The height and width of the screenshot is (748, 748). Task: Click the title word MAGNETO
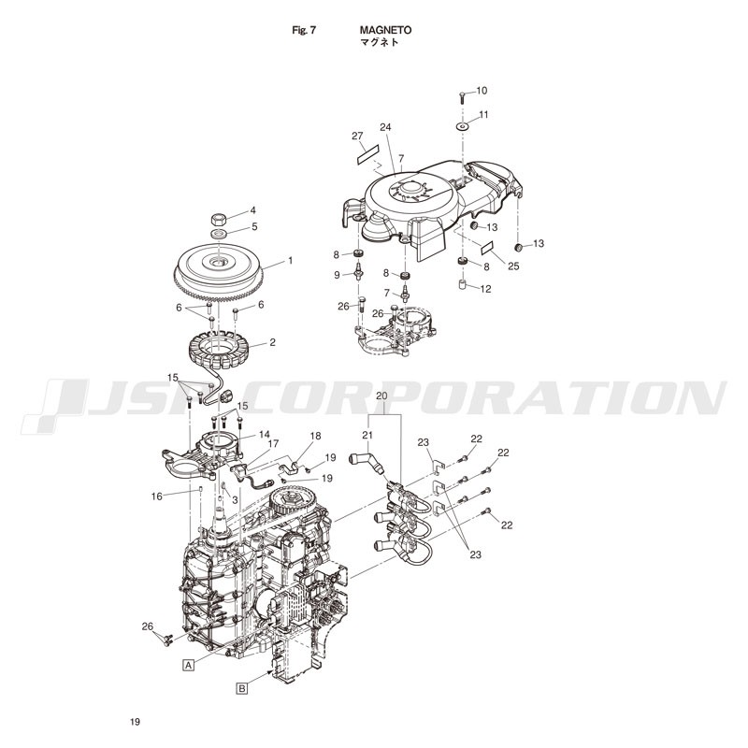click(x=385, y=30)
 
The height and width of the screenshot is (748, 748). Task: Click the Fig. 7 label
click(x=304, y=30)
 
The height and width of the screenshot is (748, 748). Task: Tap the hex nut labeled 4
click(x=218, y=220)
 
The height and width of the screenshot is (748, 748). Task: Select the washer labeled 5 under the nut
click(x=219, y=235)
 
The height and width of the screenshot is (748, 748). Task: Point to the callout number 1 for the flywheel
click(x=290, y=261)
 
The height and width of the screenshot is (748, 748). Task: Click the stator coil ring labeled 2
click(x=220, y=350)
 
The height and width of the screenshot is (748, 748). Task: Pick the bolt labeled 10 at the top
click(x=462, y=97)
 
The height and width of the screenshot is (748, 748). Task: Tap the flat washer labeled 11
click(x=462, y=127)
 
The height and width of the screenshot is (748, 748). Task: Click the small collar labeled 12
click(x=461, y=285)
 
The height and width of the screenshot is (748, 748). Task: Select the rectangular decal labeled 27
click(x=367, y=154)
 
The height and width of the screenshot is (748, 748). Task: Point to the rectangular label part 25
click(x=486, y=248)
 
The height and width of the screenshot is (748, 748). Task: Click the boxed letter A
click(x=189, y=665)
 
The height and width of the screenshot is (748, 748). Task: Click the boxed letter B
click(x=242, y=688)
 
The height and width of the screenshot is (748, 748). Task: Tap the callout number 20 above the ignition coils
click(x=381, y=396)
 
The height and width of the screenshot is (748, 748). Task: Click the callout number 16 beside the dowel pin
click(x=157, y=496)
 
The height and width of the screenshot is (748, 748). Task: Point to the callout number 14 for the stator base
click(x=265, y=435)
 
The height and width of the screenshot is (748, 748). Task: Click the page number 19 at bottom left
click(x=135, y=722)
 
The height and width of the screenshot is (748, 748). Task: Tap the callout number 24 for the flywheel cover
click(x=385, y=127)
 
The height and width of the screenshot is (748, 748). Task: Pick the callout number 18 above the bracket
click(x=315, y=436)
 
